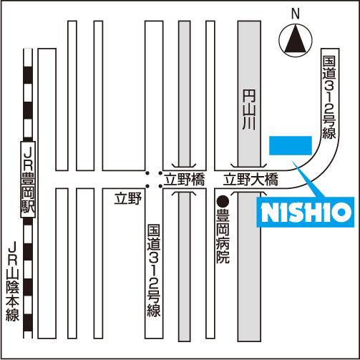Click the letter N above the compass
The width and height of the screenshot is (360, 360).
coord(296,14)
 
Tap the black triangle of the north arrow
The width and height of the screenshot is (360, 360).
coord(296,41)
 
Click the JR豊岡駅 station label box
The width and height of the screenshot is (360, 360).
coord(28,180)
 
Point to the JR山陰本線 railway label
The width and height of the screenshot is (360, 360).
coord(12,281)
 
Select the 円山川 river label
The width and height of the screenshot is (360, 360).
coord(249,110)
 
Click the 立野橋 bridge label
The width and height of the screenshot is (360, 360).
coord(185,180)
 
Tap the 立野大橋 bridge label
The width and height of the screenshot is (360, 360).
coord(250,180)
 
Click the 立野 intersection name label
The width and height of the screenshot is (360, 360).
coord(128,199)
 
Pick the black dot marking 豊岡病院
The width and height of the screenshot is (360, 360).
coord(223,202)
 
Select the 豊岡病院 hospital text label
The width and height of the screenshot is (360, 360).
coord(223,236)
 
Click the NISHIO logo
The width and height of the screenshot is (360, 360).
coord(306,212)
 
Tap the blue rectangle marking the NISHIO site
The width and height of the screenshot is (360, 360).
coord(291,145)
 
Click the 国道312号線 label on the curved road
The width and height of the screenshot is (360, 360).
coord(329,97)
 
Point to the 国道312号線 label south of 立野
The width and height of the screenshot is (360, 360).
coord(154,271)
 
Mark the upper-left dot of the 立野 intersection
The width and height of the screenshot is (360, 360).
coord(147,173)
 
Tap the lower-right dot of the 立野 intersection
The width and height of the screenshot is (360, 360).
coord(160,186)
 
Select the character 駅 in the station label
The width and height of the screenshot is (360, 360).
coord(28,207)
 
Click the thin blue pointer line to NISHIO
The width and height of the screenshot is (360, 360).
coord(308,179)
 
